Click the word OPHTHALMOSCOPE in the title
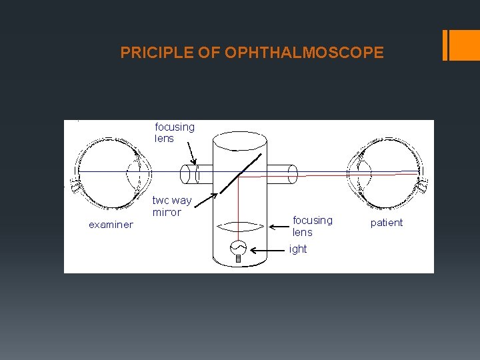pos(305,53)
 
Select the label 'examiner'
pos(111,225)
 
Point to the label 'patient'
pos(387,223)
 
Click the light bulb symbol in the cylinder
pos(238,249)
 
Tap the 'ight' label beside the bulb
pos(298,249)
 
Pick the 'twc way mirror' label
pos(171,206)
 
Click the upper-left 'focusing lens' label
pos(175,132)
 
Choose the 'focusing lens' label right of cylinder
pos(312,226)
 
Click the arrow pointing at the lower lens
pos(279,227)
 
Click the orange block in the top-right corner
pos(463,45)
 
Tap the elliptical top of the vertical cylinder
pos(240,142)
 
